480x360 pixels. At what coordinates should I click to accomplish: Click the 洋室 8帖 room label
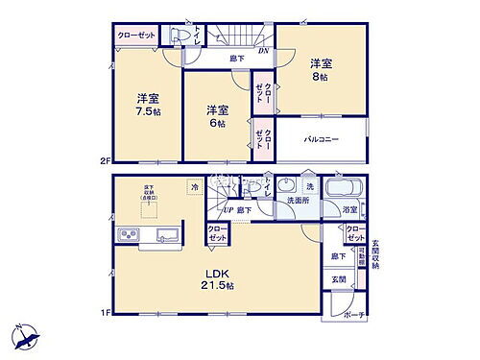321,71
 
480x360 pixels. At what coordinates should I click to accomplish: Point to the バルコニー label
320,139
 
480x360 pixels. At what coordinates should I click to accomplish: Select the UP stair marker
228,211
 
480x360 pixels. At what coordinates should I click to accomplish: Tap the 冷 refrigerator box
196,187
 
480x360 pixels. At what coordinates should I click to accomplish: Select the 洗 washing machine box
310,184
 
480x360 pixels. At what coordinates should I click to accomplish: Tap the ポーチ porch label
355,313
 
